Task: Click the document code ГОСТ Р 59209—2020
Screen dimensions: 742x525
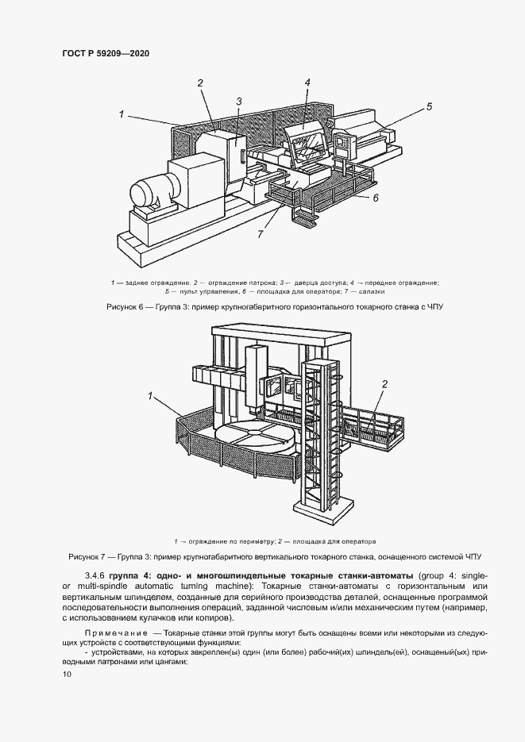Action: coord(106,53)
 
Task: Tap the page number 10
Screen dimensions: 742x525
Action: coord(67,675)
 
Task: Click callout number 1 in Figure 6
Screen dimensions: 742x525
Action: coord(122,114)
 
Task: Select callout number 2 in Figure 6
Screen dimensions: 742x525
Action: coord(200,83)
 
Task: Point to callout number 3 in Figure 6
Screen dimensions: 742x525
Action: coord(237,101)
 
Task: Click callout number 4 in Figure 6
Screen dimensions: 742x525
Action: coord(307,82)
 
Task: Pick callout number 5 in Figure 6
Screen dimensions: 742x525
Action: coord(428,106)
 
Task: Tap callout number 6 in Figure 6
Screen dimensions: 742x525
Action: coord(376,198)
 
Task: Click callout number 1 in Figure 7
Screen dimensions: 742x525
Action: coord(149,394)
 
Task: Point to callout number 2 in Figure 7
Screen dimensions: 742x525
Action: coord(384,385)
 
